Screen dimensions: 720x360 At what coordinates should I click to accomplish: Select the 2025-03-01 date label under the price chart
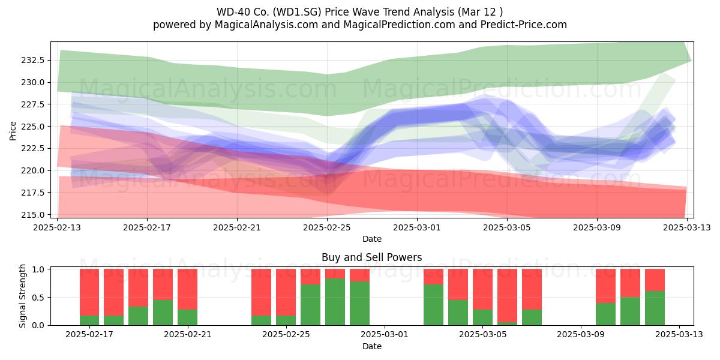[x=417, y=227]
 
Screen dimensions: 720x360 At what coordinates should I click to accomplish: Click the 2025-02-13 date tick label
[x=57, y=227]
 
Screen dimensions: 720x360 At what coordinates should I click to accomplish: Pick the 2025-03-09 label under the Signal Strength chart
[x=581, y=335]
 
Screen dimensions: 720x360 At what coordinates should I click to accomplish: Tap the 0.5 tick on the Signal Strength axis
[x=38, y=298]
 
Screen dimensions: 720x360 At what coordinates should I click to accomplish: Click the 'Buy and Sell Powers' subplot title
[x=372, y=257]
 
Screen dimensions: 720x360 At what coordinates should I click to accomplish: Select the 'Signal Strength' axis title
[x=22, y=296]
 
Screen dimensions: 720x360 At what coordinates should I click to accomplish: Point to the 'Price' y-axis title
[x=13, y=131]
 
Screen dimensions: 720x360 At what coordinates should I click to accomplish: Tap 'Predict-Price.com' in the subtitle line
[x=524, y=25]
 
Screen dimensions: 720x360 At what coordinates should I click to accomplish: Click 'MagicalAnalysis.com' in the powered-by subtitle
[x=266, y=25]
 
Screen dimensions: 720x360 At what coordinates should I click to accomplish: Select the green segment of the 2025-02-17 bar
[x=89, y=320]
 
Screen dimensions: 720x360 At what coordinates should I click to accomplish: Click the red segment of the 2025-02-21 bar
[x=188, y=289]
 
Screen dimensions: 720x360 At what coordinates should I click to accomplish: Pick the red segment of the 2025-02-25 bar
[x=286, y=292]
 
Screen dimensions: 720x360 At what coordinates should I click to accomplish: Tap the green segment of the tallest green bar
[x=335, y=302]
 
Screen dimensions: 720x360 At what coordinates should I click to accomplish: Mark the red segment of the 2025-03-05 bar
[x=483, y=289]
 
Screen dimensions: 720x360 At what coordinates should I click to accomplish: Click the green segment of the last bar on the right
[x=655, y=308]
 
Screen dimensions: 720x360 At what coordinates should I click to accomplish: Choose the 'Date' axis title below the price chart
[x=372, y=239]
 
